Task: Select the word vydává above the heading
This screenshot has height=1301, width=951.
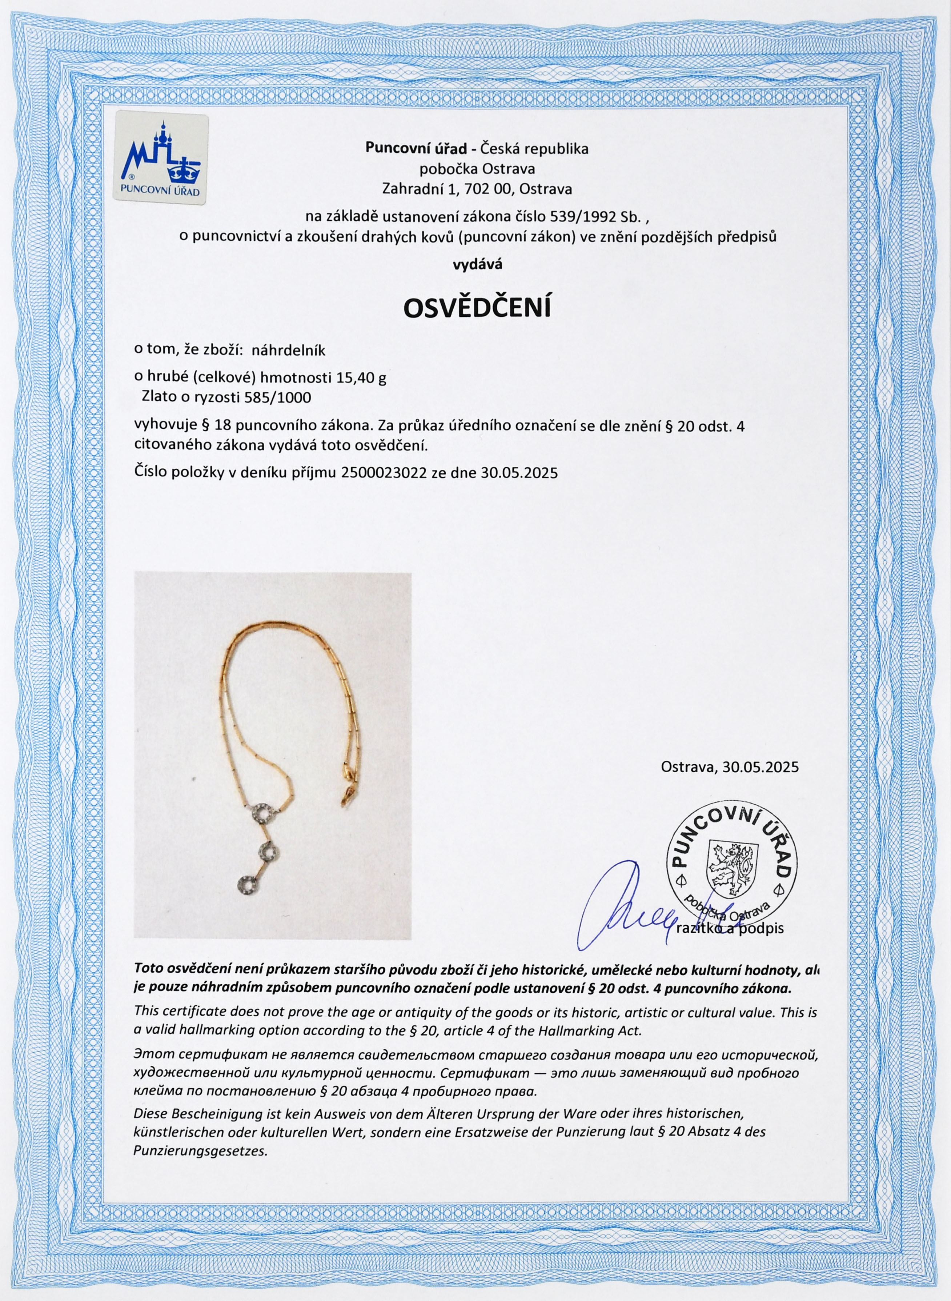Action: tap(477, 264)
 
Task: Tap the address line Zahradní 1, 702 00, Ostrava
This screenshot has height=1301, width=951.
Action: tap(477, 189)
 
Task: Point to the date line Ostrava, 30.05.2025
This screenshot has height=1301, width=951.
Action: tap(730, 767)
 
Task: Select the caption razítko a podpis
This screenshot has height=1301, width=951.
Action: tap(730, 928)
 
